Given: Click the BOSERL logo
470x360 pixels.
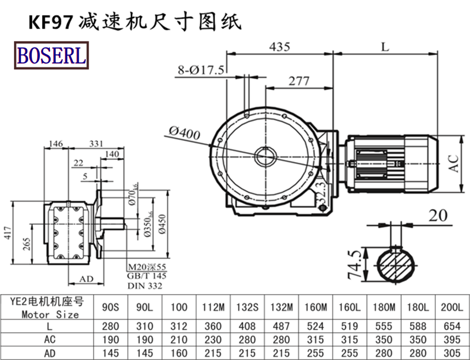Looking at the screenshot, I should [52, 55].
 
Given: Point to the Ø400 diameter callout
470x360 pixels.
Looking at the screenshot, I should [183, 133].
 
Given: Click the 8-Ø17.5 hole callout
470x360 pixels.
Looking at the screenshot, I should [201, 70].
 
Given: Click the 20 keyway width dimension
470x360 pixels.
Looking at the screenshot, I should [438, 215].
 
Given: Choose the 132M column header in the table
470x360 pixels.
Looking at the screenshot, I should [281, 307].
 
